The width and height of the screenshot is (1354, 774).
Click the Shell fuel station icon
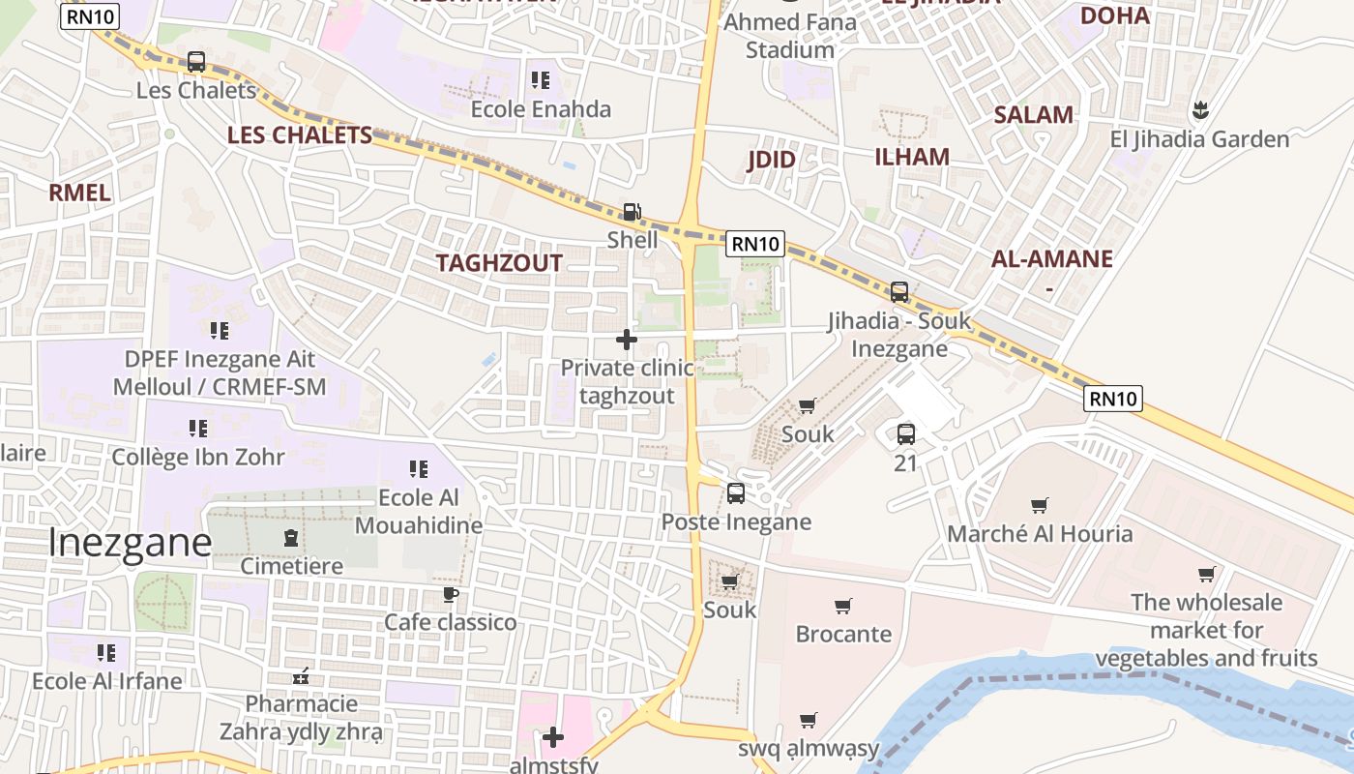pos(631,212)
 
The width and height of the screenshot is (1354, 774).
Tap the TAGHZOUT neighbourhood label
pos(498,263)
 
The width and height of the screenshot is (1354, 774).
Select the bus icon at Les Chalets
pos(196,62)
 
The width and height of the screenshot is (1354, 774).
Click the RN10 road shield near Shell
pos(755,244)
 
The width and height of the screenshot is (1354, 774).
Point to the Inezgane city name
pos(130,543)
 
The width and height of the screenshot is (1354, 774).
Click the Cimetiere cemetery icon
pos(291,538)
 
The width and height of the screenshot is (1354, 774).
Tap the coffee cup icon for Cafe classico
pos(450,594)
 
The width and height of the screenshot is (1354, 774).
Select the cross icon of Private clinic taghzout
pos(627,340)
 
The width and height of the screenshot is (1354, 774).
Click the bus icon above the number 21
pos(905,434)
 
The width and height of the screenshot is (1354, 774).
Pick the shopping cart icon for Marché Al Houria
pos(1040,505)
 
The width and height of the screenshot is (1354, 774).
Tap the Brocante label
pos(843,634)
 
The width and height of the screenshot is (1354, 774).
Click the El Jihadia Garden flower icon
pos(1200,110)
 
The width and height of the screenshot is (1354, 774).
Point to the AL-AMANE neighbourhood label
pos(1051,258)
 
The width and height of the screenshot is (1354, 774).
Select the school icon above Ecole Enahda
pos(540,80)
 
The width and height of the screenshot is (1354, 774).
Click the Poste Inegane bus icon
pos(736,493)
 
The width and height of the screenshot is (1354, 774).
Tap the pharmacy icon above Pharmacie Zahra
pos(302,675)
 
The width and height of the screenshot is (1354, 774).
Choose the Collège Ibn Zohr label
pos(198,457)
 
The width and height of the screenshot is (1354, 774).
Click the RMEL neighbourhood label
pos(79,192)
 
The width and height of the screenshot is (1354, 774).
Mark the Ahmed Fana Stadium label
pos(790,36)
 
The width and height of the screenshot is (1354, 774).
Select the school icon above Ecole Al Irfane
pos(106,653)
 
